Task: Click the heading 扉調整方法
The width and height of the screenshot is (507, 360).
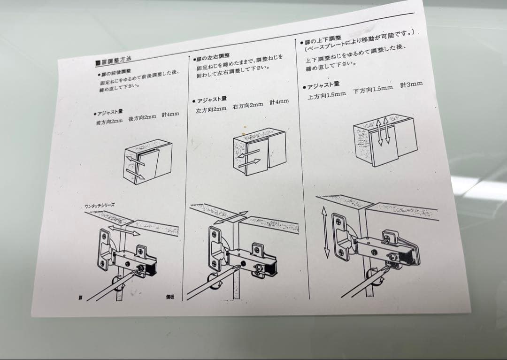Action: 114,61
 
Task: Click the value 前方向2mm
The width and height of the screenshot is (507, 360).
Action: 109,122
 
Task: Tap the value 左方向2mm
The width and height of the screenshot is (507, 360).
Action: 211,109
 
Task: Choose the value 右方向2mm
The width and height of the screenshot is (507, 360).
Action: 247,105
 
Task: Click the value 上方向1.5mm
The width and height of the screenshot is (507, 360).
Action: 326,95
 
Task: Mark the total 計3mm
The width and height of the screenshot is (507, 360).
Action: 411,84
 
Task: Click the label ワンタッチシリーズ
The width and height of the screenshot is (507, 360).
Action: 100,206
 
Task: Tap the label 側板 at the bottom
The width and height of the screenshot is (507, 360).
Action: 169,297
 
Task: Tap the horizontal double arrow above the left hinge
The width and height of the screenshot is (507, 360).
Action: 123,230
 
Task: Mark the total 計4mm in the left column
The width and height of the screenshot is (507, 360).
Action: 170,114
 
